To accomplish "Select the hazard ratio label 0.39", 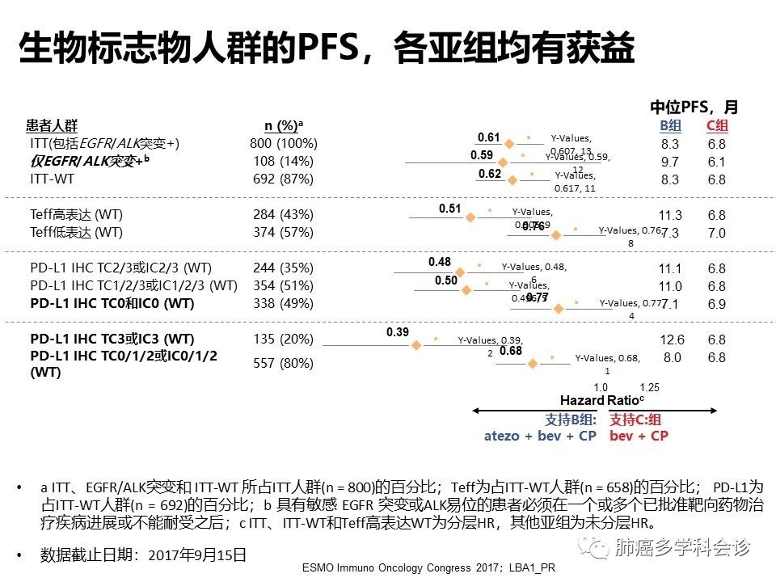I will pyautogui.click(x=398, y=333).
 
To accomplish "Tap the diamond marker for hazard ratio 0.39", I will pyautogui.click(x=416, y=345).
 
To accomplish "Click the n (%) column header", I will pyautogui.click(x=284, y=125).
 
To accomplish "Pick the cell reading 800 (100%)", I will pyautogui.click(x=284, y=144).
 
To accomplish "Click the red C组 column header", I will pyautogui.click(x=717, y=125).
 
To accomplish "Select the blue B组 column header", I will pyautogui.click(x=670, y=125).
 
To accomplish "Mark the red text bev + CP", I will pyautogui.click(x=639, y=436).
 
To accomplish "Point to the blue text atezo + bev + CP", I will pyautogui.click(x=541, y=436).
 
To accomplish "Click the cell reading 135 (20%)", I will pyautogui.click(x=284, y=339).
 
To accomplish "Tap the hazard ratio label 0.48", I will pyautogui.click(x=440, y=262).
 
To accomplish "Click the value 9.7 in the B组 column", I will pyautogui.click(x=670, y=162).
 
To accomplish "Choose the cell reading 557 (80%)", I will pyautogui.click(x=284, y=363).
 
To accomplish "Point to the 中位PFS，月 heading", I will pyautogui.click(x=694, y=107).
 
